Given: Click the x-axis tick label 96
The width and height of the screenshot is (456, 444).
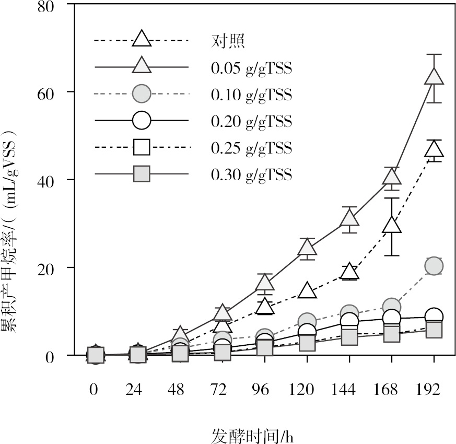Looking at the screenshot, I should click(264, 389).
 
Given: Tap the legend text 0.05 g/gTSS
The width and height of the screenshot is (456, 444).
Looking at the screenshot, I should click(251, 67).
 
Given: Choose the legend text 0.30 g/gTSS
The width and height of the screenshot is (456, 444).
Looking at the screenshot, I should click(251, 174).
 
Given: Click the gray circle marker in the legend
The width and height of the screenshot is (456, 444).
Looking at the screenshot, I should click(142, 94).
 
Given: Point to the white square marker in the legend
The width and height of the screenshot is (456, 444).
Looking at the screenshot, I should click(142, 147).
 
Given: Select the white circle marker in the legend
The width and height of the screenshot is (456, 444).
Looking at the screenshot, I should click(142, 121).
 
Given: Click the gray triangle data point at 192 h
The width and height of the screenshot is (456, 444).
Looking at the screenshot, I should click(434, 77).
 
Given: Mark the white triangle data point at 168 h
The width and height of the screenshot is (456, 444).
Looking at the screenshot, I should click(392, 225).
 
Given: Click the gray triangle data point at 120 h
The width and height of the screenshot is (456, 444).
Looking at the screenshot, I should click(307, 247).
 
